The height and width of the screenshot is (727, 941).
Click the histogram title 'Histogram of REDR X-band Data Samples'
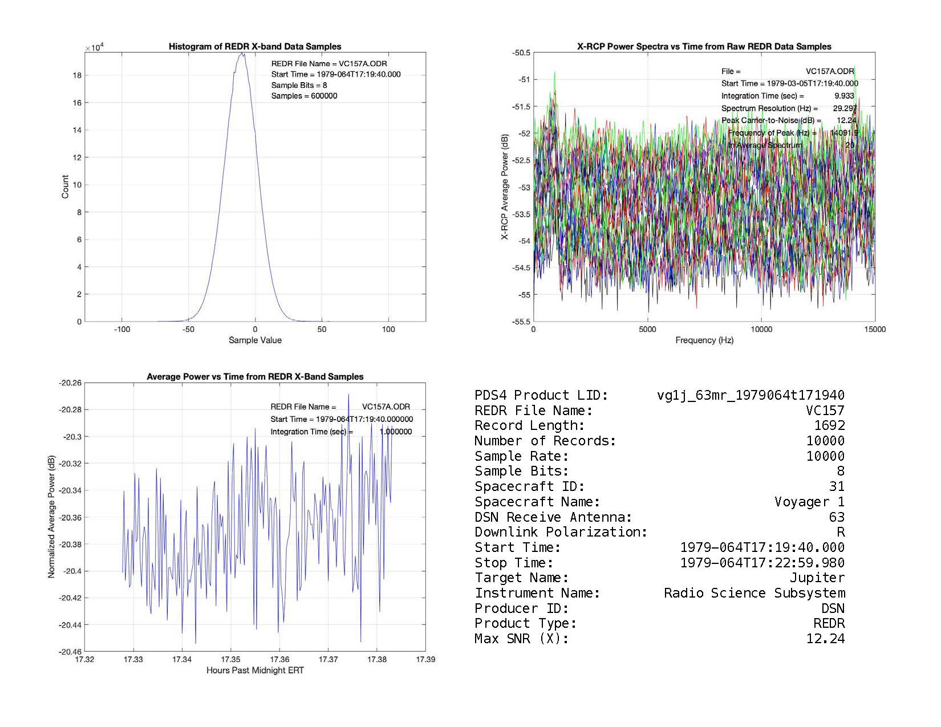pos(255,47)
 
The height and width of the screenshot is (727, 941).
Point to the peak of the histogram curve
pos(242,54)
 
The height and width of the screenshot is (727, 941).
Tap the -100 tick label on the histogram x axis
pos(121,330)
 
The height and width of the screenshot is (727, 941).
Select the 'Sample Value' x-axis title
pos(255,340)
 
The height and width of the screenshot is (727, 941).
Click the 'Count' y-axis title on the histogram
pos(65,187)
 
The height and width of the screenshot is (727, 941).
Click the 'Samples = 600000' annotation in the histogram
pos(304,96)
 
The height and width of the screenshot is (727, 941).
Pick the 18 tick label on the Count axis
pos(77,75)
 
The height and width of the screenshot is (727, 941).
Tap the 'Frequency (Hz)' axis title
pos(704,340)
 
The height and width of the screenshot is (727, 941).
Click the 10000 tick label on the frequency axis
pos(761,330)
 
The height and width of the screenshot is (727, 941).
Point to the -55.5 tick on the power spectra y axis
pos(520,322)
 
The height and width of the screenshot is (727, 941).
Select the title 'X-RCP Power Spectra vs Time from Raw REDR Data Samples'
pos(704,47)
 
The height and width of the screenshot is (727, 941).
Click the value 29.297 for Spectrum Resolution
pos(845,108)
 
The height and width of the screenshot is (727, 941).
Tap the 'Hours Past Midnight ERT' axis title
pos(255,671)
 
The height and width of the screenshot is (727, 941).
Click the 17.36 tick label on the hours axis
pos(279,660)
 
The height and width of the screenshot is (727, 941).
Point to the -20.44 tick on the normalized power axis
pos(70,625)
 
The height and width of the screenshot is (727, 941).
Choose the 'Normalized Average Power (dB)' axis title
pos(51,517)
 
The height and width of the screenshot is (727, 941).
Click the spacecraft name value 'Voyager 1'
pos(809,502)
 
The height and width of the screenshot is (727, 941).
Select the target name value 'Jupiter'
pos(817,578)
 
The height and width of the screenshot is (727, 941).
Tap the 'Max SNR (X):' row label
pos(521,639)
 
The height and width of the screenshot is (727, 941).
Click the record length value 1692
pos(829,425)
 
